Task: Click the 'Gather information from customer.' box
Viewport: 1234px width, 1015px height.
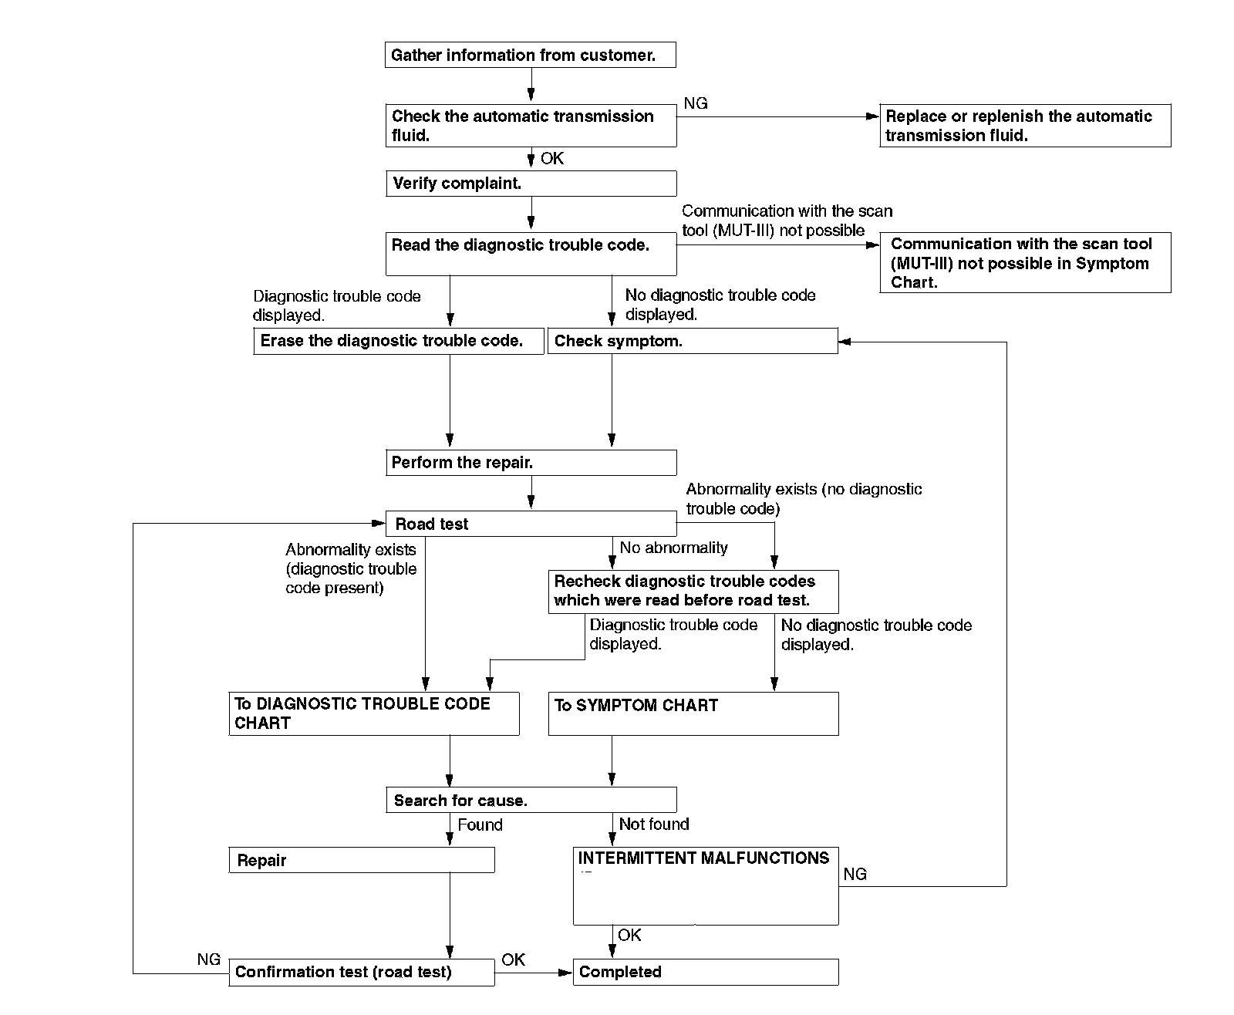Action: point(531,56)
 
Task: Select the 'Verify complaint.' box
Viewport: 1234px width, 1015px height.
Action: point(531,184)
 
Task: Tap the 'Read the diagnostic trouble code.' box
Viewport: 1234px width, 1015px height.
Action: point(531,255)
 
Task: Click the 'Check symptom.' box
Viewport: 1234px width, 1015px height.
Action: point(693,341)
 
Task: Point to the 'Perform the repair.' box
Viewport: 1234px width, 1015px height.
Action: point(531,463)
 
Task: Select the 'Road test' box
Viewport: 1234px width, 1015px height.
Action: point(531,524)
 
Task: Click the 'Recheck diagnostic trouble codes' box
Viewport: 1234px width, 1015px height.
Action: point(693,592)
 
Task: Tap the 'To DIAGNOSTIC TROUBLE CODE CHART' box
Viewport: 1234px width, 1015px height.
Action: point(374,713)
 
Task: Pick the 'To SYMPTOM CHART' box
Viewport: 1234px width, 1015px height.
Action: point(693,713)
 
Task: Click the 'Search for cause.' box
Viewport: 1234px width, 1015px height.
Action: point(531,800)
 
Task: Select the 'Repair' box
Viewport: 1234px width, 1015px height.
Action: point(362,860)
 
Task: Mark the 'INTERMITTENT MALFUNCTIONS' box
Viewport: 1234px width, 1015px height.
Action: point(705,886)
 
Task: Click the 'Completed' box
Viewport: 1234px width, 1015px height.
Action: point(705,972)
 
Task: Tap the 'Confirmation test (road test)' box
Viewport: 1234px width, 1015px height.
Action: point(362,972)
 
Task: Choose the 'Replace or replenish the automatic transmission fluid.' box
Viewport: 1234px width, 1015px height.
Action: point(1025,126)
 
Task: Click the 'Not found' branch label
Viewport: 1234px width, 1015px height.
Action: point(654,824)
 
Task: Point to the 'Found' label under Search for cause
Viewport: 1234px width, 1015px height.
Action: point(480,825)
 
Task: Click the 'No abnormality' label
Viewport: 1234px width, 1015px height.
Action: point(673,548)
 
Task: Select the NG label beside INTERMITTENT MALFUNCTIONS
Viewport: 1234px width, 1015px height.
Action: point(855,874)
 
